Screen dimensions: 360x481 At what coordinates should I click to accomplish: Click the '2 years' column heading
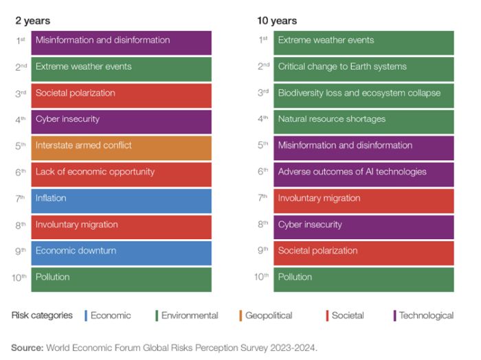tap(32, 21)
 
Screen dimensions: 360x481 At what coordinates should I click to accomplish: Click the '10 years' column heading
tap(277, 21)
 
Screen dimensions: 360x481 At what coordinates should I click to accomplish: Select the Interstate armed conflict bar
tap(121, 146)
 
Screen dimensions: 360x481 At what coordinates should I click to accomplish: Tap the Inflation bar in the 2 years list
tap(121, 199)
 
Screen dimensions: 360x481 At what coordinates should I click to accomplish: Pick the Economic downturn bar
tap(121, 251)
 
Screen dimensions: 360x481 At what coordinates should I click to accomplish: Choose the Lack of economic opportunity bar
tap(121, 172)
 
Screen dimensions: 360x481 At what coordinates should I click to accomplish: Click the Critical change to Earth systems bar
tap(363, 67)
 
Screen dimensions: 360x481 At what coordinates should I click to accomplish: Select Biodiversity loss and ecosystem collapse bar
tap(363, 93)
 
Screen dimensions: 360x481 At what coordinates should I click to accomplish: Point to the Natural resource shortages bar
tap(363, 119)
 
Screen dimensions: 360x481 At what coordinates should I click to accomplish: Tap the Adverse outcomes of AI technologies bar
tap(363, 172)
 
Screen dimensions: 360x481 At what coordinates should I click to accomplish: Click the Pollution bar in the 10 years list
tap(363, 278)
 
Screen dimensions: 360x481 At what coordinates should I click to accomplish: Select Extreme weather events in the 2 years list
tap(121, 67)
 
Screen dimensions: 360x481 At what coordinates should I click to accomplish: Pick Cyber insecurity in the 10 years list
tap(363, 225)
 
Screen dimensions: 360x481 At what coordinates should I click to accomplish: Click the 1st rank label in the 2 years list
tap(21, 41)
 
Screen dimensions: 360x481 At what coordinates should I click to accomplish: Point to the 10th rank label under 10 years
tap(261, 277)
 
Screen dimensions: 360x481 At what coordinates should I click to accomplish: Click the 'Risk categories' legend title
tap(42, 315)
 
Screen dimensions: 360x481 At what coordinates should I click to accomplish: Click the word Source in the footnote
tap(27, 348)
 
